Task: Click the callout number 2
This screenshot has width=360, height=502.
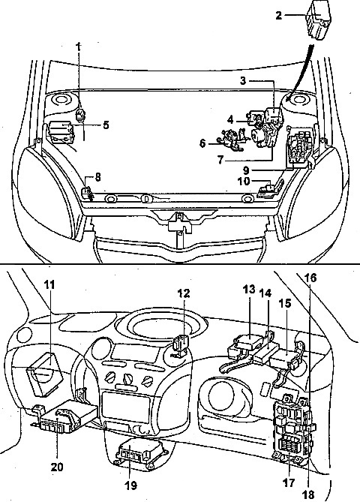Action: click(279, 15)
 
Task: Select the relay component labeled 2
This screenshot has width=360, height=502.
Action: click(318, 21)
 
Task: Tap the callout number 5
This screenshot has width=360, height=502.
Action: click(106, 125)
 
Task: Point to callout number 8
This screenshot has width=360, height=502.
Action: click(97, 177)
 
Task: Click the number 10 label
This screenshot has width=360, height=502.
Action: click(244, 181)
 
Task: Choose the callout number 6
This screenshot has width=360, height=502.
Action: click(202, 143)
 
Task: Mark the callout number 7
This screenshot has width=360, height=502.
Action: click(220, 160)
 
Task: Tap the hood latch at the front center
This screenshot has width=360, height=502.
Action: click(180, 223)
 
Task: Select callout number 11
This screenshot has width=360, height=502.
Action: click(49, 284)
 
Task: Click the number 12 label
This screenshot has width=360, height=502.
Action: click(183, 293)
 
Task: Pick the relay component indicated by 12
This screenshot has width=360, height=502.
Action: click(180, 345)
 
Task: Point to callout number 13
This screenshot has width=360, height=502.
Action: click(249, 289)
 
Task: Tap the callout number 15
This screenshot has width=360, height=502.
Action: click(285, 304)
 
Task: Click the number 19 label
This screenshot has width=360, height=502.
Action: click(130, 485)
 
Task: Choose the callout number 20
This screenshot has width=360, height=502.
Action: click(57, 467)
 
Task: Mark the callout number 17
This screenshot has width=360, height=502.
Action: click(288, 482)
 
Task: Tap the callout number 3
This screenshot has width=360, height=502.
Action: click(243, 81)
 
